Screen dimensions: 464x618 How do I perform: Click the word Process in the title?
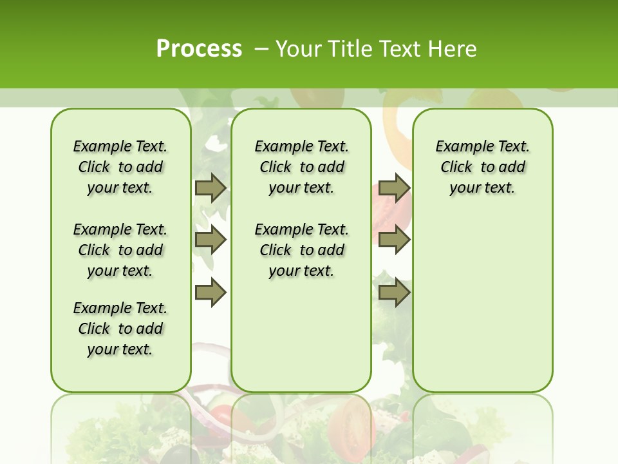[x=199, y=48]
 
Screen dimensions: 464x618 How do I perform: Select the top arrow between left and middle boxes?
[x=211, y=188]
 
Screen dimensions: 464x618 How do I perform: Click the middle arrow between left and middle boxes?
[x=211, y=240]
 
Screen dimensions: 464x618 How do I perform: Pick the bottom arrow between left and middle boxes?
[x=211, y=292]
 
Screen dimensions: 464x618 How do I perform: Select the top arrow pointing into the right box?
[x=394, y=188]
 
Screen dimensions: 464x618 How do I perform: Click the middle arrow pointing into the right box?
[x=394, y=240]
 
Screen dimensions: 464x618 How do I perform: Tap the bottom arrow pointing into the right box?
[x=394, y=292]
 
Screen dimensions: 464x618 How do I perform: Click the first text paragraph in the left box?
[x=120, y=167]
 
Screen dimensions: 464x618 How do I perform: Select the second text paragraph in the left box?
[x=120, y=250]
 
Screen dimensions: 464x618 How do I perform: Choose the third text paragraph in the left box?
[x=120, y=329]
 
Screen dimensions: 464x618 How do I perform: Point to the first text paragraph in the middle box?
[x=301, y=167]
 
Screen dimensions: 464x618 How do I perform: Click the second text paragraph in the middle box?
[x=301, y=250]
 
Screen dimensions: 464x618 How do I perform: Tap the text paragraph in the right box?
[x=482, y=167]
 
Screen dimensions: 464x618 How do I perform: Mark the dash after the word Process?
[x=261, y=48]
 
